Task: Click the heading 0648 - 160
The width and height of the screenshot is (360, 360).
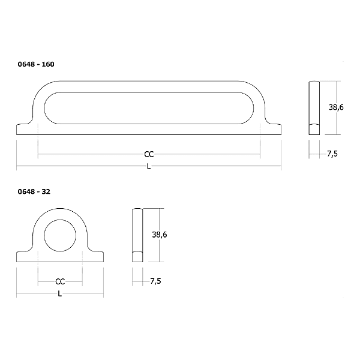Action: pos(36,64)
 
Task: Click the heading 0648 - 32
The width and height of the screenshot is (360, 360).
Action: pos(34,192)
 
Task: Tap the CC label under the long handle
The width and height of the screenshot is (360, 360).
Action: pos(149,154)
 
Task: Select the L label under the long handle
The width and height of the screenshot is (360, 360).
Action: pos(149,166)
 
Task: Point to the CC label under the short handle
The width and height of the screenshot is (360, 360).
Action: pos(60,281)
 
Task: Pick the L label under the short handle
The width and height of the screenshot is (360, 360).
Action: pos(59,293)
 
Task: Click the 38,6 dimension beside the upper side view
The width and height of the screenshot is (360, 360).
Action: pos(336,107)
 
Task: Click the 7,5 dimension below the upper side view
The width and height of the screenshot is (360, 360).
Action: pos(332,154)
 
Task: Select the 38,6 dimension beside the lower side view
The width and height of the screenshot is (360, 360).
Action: pos(160,235)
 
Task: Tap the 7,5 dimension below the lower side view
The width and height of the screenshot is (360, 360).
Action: pos(155,281)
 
